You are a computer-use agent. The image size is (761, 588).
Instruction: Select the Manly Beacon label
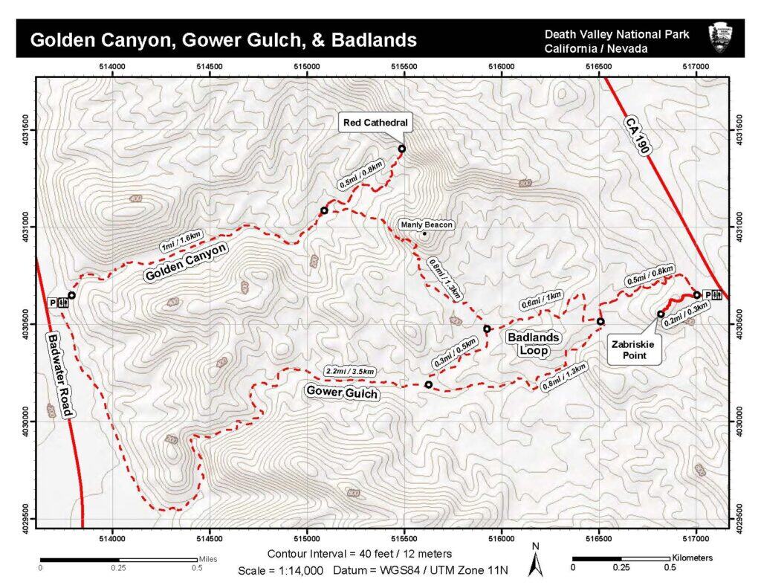[426, 224]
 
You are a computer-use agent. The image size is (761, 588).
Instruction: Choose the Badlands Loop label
[534, 343]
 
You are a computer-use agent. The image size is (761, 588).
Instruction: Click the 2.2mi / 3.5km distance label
[349, 371]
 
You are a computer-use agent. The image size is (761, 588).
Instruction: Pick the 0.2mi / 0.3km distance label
[684, 315]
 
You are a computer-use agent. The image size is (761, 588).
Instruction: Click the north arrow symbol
[534, 561]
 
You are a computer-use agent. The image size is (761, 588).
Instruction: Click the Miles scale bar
[118, 558]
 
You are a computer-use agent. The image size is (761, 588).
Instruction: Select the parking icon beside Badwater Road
[53, 303]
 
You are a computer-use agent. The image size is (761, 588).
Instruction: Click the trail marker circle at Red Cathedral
[402, 149]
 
